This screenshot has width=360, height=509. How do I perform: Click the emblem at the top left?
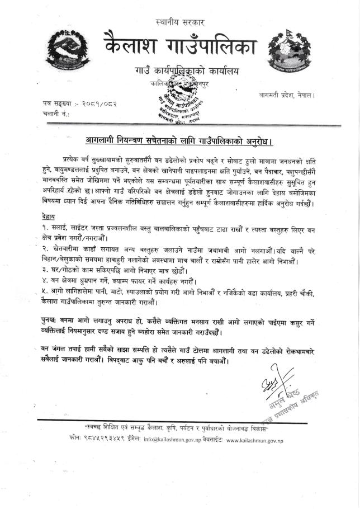pos(67,48)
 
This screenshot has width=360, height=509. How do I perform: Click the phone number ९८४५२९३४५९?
pos(112,440)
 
